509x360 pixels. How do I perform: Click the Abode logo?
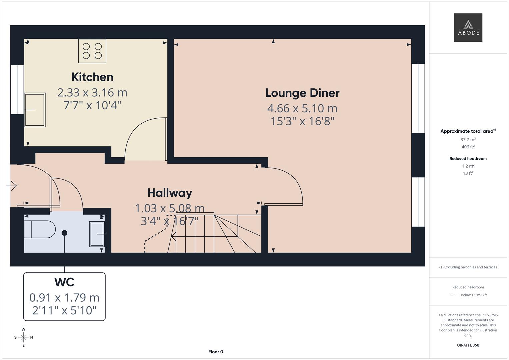pyautogui.click(x=468, y=27)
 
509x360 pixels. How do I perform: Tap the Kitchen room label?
pyautogui.click(x=92, y=77)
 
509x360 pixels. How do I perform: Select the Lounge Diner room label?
pyautogui.click(x=302, y=93)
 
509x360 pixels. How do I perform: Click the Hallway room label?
pyautogui.click(x=170, y=193)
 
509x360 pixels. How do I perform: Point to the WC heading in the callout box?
pyautogui.click(x=64, y=282)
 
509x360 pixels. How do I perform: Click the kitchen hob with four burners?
pyautogui.click(x=92, y=51)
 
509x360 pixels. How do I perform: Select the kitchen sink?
pyautogui.click(x=35, y=110)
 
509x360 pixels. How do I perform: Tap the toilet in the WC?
pyautogui.click(x=39, y=229)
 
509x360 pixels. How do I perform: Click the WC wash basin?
pyautogui.click(x=97, y=234)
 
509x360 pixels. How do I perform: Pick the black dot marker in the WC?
pyautogui.click(x=64, y=233)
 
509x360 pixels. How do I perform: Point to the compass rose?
pyautogui.click(x=23, y=337)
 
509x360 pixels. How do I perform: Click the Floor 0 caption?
pyautogui.click(x=216, y=352)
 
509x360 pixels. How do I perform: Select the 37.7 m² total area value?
pyautogui.click(x=468, y=140)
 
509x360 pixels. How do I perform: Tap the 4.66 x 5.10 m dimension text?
pyautogui.click(x=302, y=108)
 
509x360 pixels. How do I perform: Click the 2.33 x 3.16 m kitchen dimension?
pyautogui.click(x=92, y=92)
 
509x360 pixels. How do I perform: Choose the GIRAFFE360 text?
pyautogui.click(x=468, y=345)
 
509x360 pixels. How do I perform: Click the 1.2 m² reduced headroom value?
pyautogui.click(x=468, y=166)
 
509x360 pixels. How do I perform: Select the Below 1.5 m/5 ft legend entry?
pyautogui.click(x=473, y=295)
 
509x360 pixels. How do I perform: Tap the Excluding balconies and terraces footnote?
pyautogui.click(x=468, y=267)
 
